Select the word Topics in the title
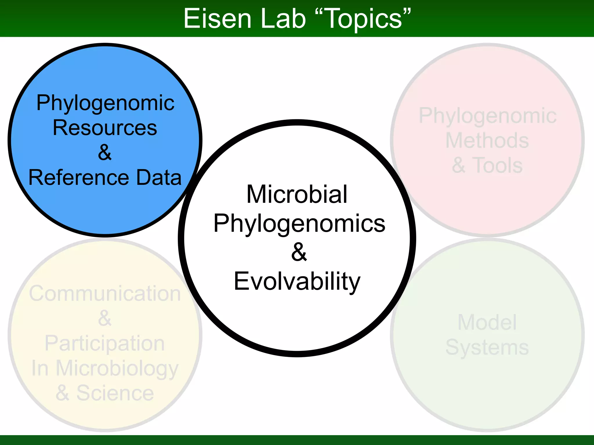click(x=364, y=19)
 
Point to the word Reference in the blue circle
click(x=78, y=177)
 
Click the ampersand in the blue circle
click(x=105, y=152)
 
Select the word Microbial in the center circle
click(x=297, y=194)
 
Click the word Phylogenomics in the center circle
click(x=299, y=224)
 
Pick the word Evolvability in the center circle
click(x=297, y=282)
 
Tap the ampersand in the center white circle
click(x=299, y=252)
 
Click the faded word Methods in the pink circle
click(x=487, y=141)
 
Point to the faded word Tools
click(x=497, y=165)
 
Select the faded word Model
click(x=487, y=322)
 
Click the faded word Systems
click(x=487, y=347)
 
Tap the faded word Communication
click(x=105, y=293)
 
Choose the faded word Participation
click(x=105, y=344)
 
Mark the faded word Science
click(x=115, y=393)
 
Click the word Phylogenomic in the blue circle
click(x=105, y=103)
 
